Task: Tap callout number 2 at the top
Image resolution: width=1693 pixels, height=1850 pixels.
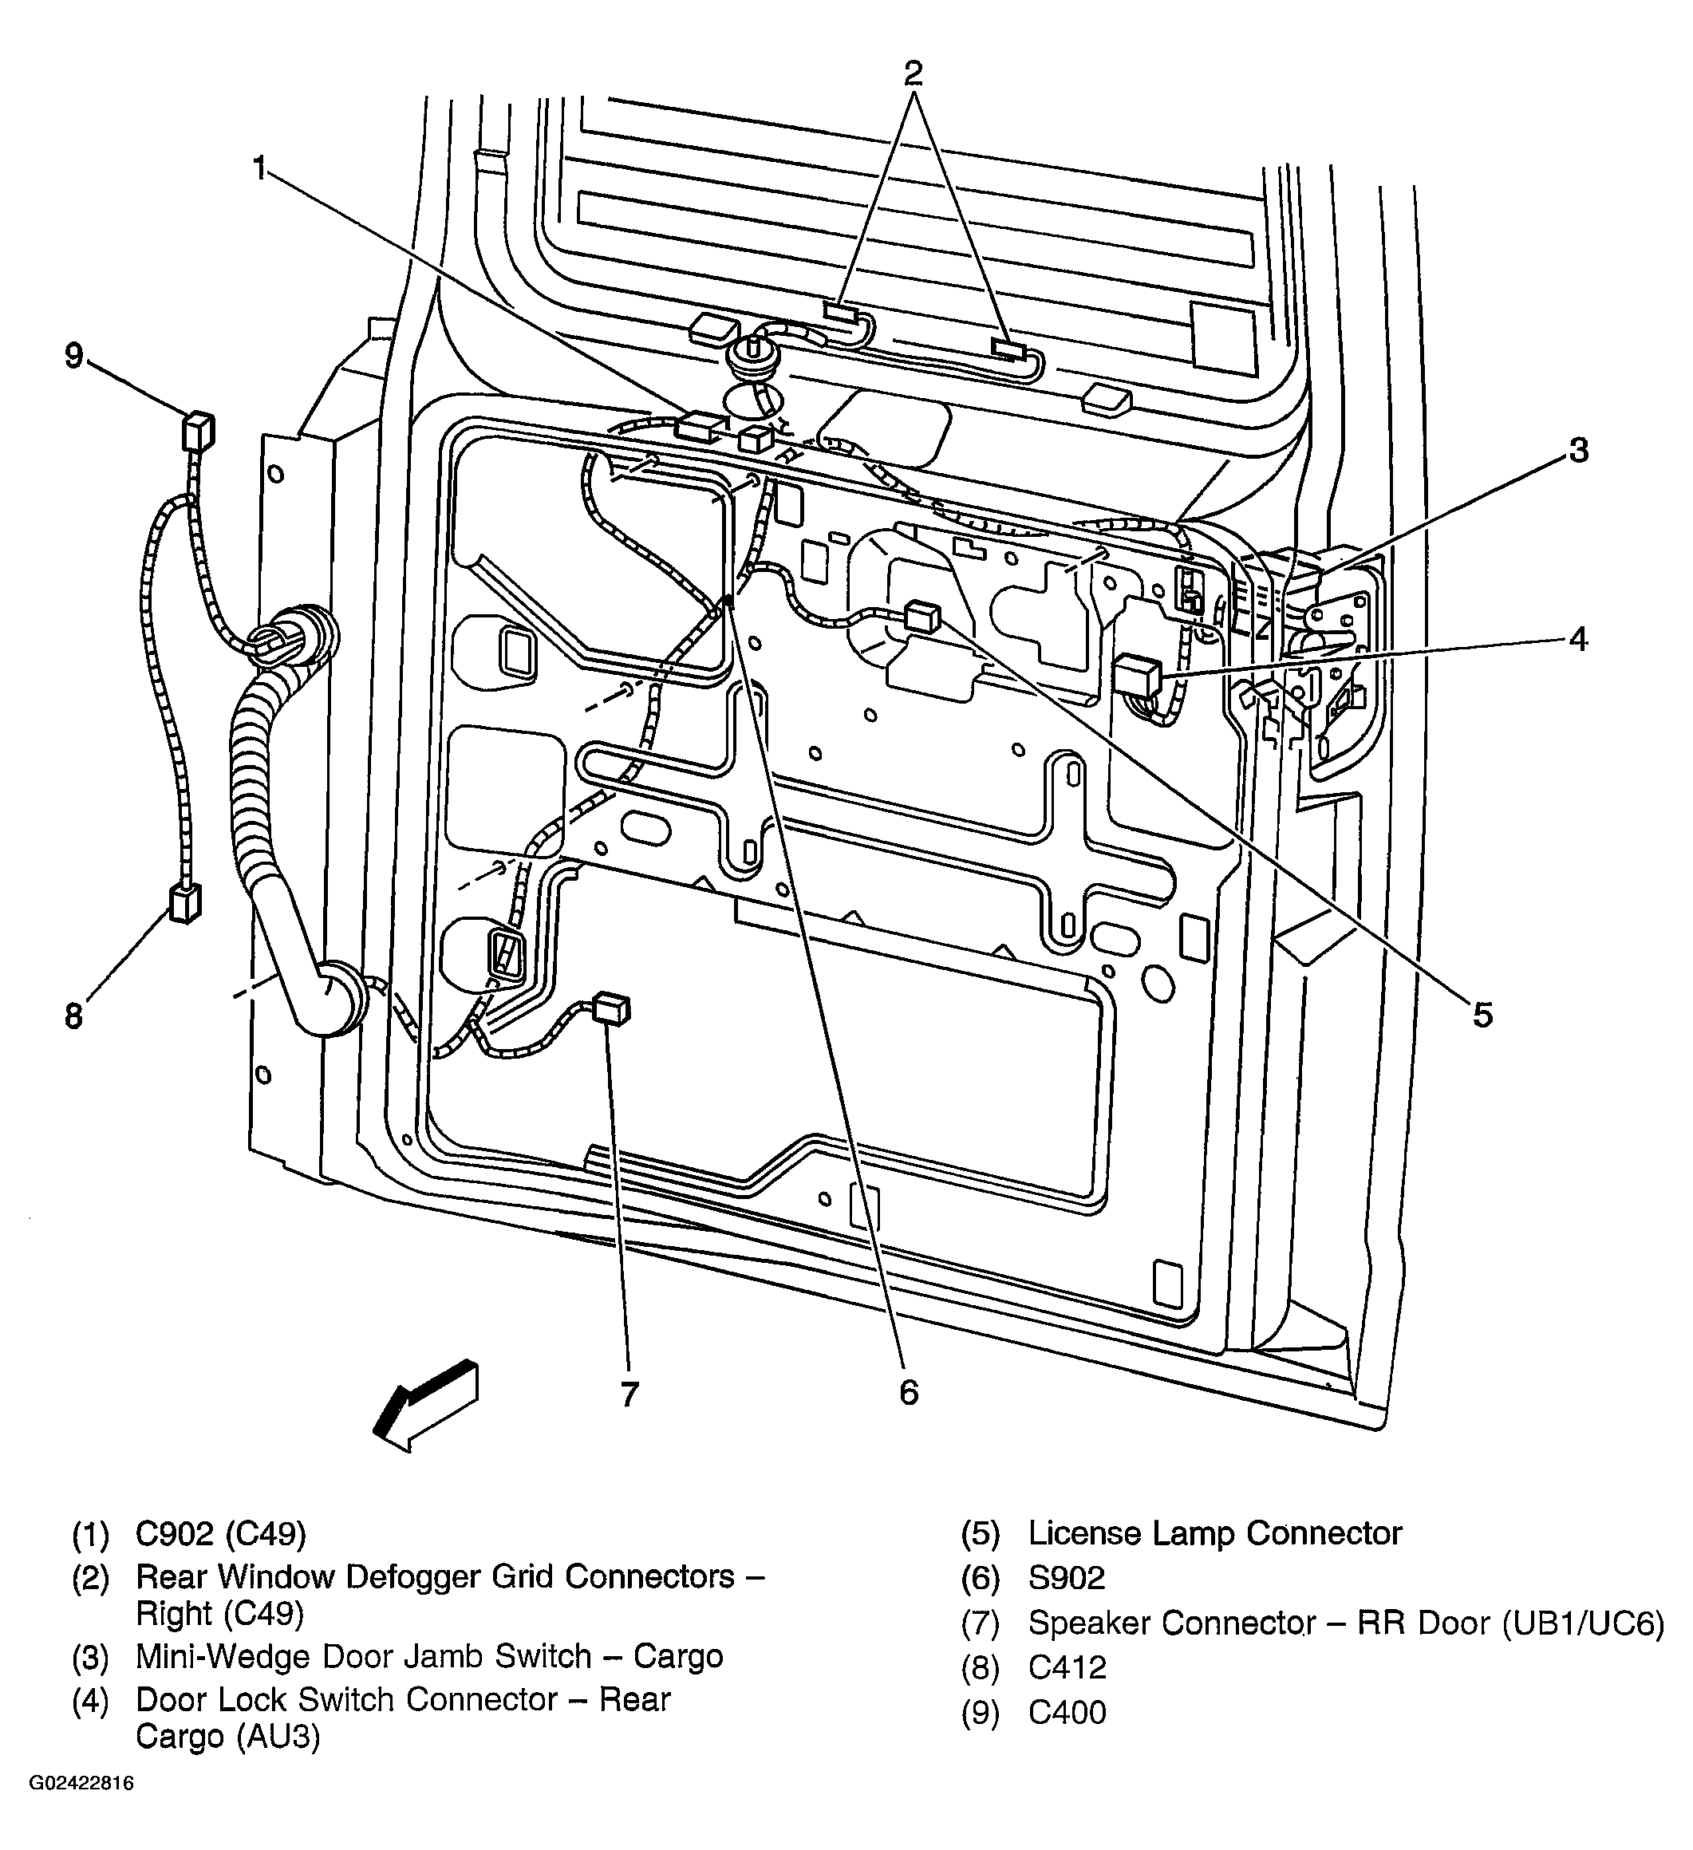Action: [912, 73]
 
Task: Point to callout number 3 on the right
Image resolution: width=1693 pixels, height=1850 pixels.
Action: [1577, 452]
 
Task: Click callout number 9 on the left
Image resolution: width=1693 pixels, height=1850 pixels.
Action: [73, 355]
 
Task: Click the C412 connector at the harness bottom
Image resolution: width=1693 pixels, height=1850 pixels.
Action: [184, 903]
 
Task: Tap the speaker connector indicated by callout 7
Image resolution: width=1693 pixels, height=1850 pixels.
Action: [612, 1008]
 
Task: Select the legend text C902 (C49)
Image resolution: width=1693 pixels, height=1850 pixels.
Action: [220, 1533]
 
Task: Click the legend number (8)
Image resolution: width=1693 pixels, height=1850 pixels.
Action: [980, 1667]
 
